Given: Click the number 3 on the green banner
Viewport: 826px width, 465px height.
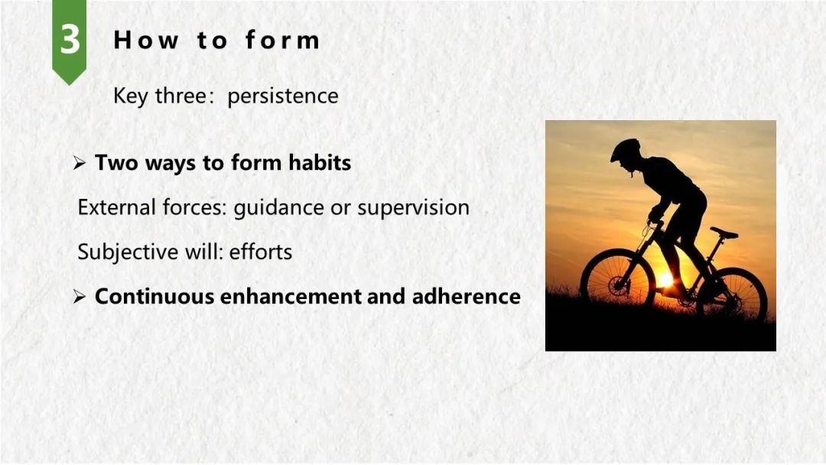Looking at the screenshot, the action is [70, 40].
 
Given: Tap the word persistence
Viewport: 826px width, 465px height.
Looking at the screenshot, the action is [283, 96].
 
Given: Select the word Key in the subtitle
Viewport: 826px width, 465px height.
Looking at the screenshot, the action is [131, 96].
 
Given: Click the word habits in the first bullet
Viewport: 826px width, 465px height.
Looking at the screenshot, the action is [320, 163].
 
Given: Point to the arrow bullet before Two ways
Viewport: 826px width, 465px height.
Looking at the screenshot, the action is [80, 163].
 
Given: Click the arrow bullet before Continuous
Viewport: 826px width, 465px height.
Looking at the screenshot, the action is [80, 297].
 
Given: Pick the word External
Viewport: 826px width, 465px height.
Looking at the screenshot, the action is [117, 207].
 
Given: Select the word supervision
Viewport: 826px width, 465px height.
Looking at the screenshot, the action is [414, 208].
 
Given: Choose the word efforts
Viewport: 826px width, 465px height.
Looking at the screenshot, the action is [261, 252].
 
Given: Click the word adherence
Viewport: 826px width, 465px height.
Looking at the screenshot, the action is [467, 297].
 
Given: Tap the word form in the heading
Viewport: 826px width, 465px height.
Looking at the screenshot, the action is [283, 41].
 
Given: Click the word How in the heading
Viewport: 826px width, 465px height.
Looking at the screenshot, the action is [146, 41].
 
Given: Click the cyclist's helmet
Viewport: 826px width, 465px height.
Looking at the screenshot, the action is [626, 150].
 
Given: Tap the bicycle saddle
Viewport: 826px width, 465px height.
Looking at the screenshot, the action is [724, 232].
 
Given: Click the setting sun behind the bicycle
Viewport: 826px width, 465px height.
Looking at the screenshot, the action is [665, 279].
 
